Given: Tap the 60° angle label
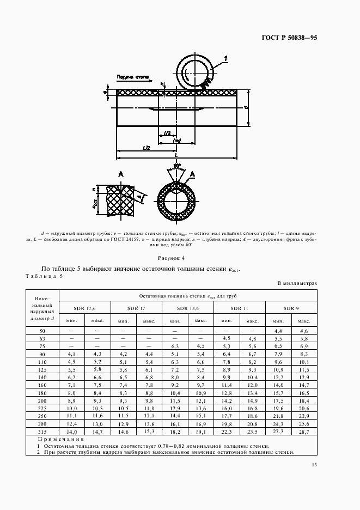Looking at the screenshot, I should tap(176, 165).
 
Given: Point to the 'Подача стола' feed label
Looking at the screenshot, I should tap(134, 78).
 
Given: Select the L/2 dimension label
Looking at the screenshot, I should tap(146, 148).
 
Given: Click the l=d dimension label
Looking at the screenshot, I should tap(176, 140).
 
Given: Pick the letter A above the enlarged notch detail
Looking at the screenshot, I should tap(120, 174).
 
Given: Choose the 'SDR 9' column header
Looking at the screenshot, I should tap(290, 308).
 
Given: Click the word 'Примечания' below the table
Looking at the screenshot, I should tap(61, 439).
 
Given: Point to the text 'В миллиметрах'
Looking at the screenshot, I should tap(297, 283).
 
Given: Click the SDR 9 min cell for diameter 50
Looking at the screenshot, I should tap(278, 331).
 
